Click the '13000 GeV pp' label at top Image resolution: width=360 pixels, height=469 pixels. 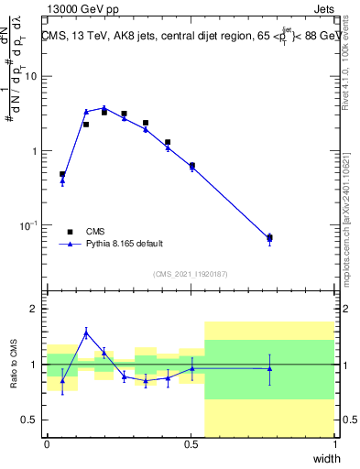(x=80, y=8)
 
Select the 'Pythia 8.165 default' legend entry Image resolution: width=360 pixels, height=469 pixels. (x=125, y=245)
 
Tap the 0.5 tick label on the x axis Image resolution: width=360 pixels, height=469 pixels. (x=191, y=444)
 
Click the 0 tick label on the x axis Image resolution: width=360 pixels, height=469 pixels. (x=47, y=444)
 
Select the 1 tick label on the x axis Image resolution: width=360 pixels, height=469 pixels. (x=334, y=444)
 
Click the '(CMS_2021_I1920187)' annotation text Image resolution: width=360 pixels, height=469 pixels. (x=190, y=274)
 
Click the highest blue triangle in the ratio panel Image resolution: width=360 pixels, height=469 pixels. (x=85, y=333)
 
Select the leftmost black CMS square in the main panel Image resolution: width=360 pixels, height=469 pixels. (x=62, y=174)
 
